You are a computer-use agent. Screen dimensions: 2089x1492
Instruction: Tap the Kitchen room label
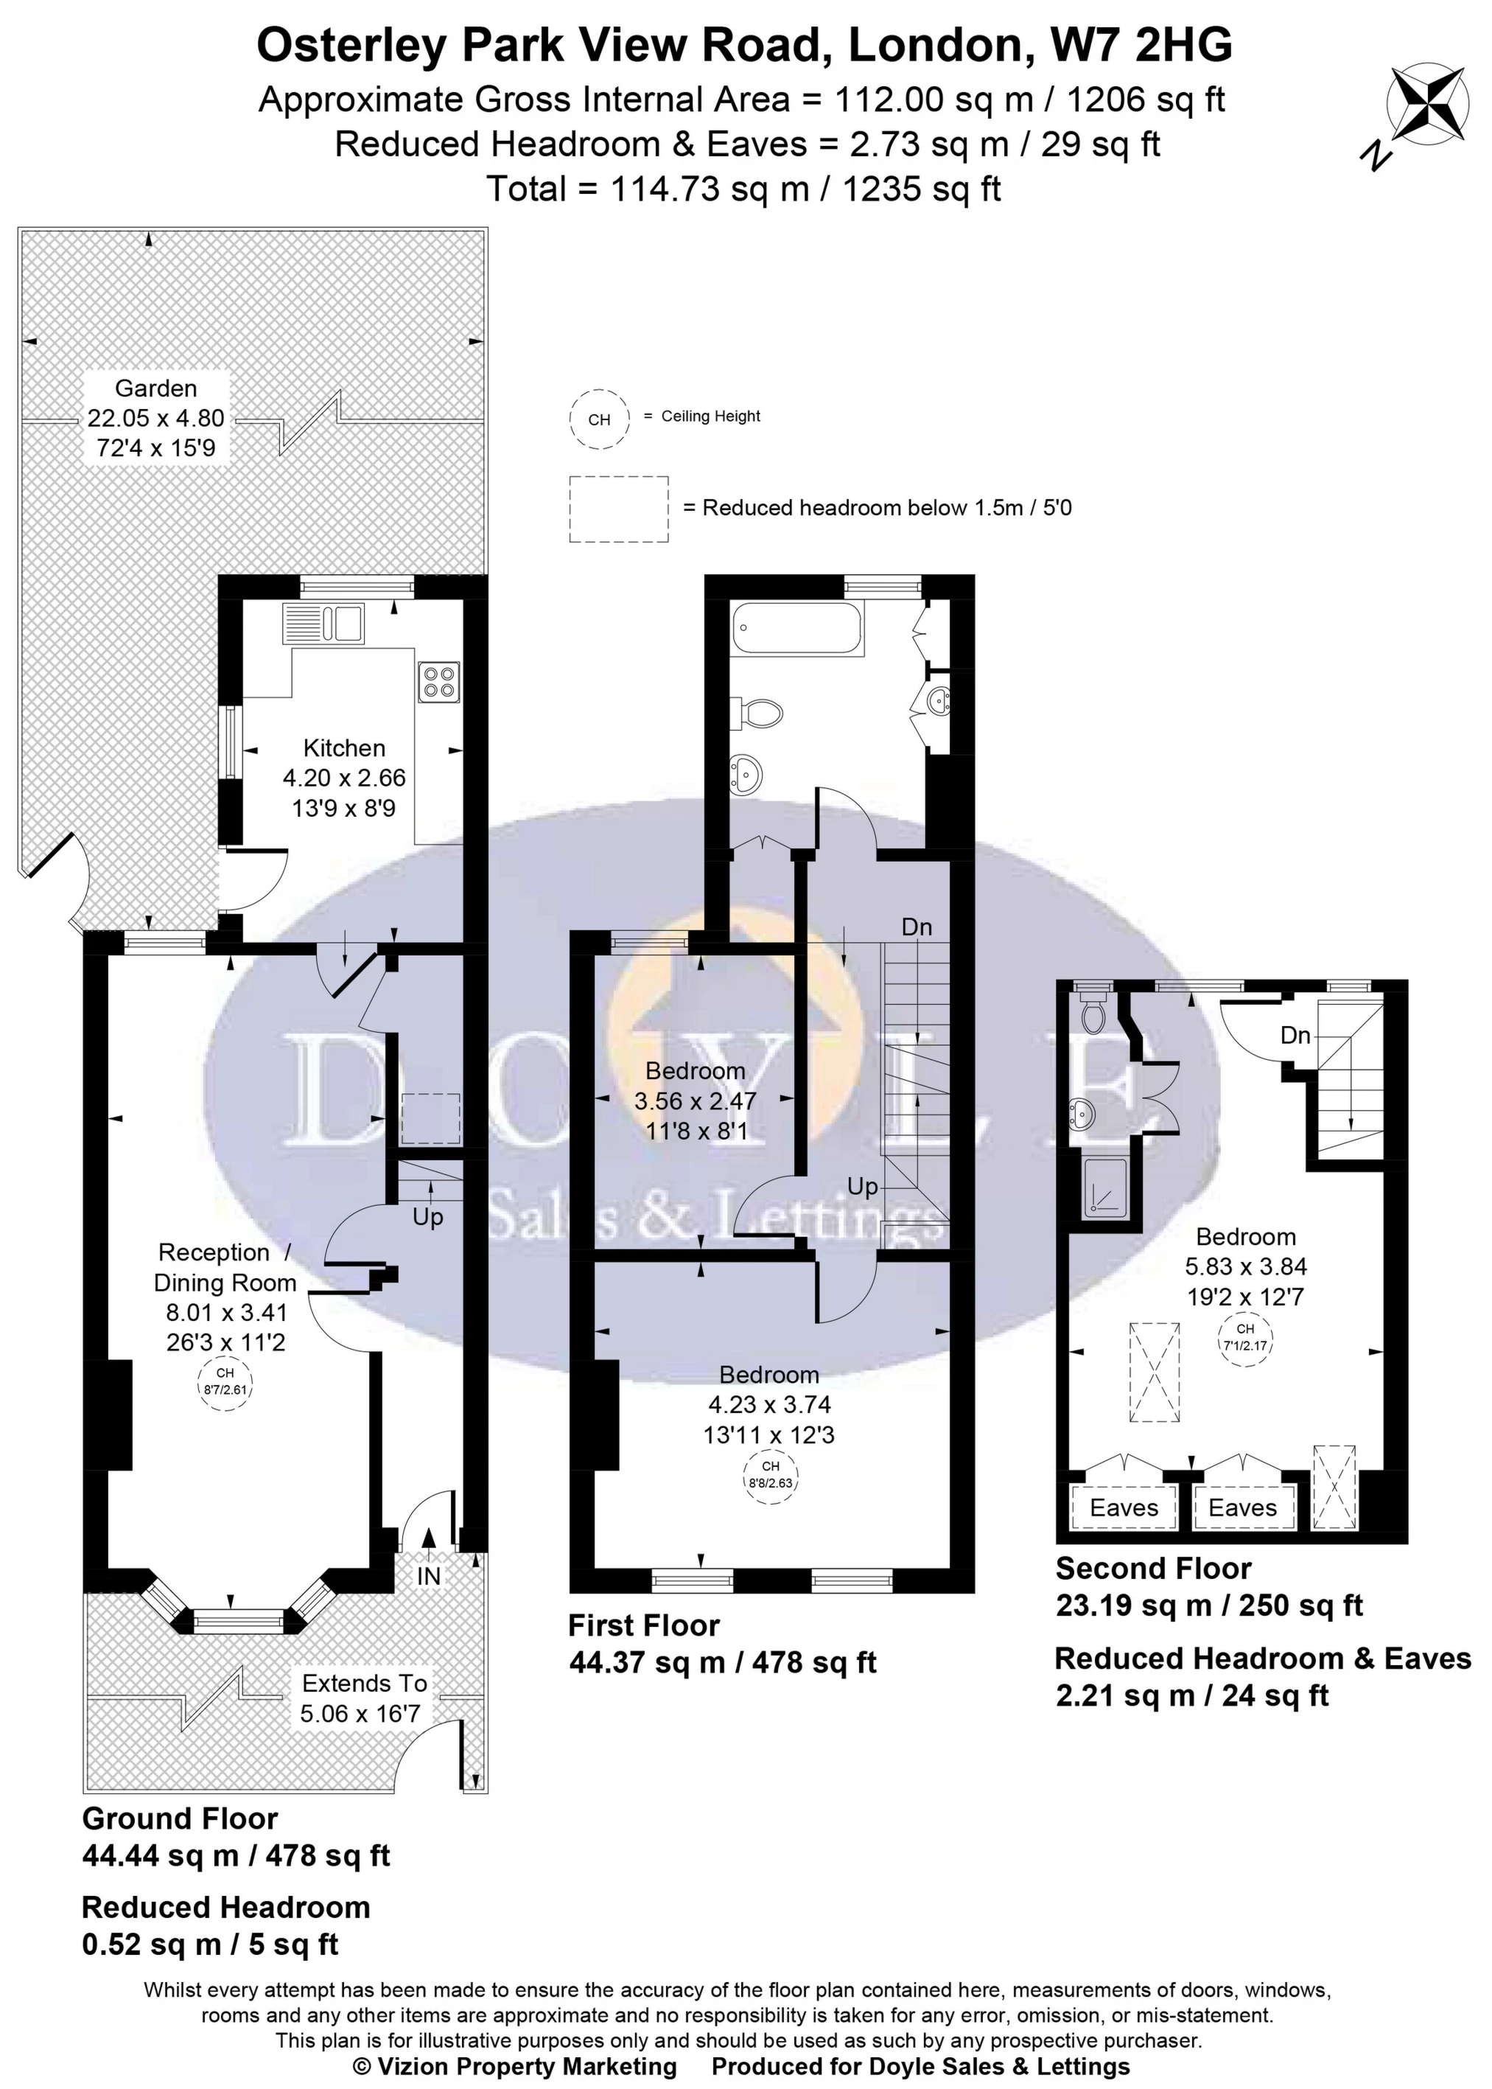point(345,747)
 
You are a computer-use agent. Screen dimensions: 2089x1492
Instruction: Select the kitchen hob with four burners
point(438,682)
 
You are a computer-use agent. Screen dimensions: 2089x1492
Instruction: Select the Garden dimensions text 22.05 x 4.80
point(156,418)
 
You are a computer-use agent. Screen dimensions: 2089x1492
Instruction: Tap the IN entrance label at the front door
point(429,1576)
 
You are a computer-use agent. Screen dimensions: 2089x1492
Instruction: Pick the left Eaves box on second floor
point(1124,1508)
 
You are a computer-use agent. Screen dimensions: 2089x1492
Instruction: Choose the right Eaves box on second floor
point(1242,1508)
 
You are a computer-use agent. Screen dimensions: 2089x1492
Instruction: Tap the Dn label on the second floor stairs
point(1295,1035)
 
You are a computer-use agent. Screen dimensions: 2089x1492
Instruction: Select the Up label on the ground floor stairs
point(428,1217)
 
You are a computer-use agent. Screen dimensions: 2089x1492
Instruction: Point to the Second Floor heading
point(1153,1568)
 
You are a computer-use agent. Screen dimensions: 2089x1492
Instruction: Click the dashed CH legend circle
point(599,419)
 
